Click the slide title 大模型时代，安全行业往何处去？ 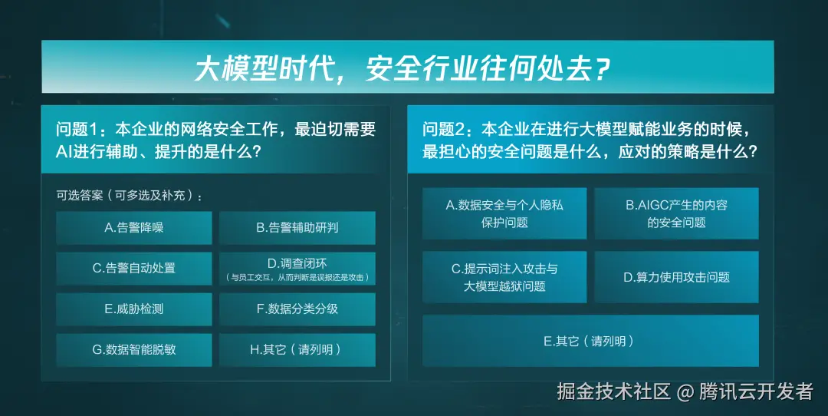click(x=403, y=68)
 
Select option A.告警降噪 click(x=134, y=227)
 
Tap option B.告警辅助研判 click(x=297, y=227)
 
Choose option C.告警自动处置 click(x=134, y=268)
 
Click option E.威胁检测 click(x=134, y=309)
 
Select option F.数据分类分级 click(x=297, y=309)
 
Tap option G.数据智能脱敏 click(x=134, y=349)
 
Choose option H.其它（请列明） click(x=297, y=349)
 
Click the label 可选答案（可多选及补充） click(x=130, y=195)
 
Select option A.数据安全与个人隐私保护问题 click(x=504, y=213)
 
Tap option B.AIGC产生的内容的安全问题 click(x=676, y=213)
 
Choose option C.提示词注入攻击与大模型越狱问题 click(x=504, y=276)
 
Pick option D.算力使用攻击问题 click(x=676, y=276)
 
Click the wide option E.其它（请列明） click(x=590, y=341)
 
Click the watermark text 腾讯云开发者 click(x=756, y=391)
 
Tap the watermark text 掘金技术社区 click(x=613, y=391)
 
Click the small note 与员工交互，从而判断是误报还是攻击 click(x=297, y=277)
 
